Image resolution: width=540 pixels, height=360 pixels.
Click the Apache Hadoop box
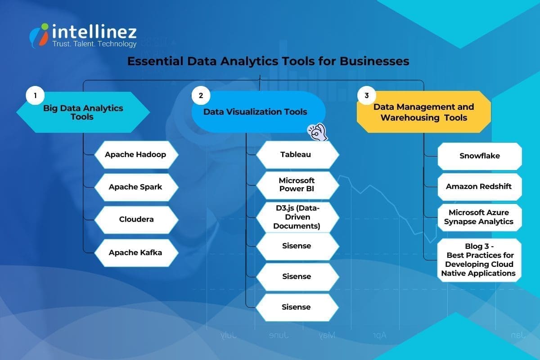[x=135, y=155]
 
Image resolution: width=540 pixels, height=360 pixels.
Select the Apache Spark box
[x=135, y=187]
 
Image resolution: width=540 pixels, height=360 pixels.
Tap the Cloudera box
[x=136, y=220]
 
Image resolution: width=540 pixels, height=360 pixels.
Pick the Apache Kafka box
[x=135, y=252]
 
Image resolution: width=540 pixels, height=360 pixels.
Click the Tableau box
[x=296, y=155]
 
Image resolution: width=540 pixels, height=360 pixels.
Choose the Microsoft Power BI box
[x=296, y=185]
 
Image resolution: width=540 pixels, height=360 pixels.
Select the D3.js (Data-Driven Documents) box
[x=296, y=216]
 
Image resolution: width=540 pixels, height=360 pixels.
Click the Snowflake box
[x=479, y=156]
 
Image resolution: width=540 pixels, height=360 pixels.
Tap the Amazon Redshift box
[x=479, y=186]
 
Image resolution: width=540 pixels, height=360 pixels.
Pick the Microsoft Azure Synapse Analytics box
[x=479, y=217]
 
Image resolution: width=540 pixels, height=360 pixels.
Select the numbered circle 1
[x=35, y=95]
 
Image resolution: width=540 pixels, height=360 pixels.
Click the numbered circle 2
[x=201, y=95]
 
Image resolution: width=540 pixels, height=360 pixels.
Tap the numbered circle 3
[x=367, y=95]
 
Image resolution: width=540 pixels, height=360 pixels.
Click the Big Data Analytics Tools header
[x=83, y=112]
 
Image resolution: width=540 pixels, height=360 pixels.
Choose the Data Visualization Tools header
[x=255, y=112]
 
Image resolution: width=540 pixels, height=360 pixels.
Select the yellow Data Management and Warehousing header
[x=423, y=112]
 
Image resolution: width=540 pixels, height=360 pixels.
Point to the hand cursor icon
[x=317, y=132]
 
